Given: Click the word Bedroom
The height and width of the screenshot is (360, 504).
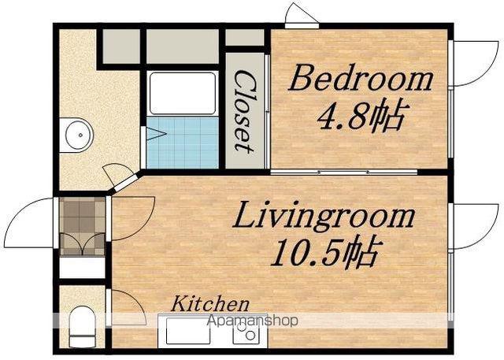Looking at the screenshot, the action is coord(361,77).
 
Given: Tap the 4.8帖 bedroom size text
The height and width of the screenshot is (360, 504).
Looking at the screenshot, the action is coord(360,117).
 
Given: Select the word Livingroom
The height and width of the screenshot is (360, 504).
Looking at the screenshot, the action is coord(324,215).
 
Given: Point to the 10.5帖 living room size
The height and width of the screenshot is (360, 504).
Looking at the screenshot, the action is coord(324,254).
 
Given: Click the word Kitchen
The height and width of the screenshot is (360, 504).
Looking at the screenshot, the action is coord(210,304).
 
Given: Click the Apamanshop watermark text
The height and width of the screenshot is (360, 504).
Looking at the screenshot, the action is coord(253,321).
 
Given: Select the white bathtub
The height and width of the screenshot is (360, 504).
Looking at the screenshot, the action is coord(183,94).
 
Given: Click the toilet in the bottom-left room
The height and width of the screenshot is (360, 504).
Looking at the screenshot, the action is coord(82,326).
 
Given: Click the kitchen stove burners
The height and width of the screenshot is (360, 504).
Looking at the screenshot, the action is coord(246,331).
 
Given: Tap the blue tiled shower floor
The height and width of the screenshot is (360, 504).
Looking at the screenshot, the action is coord(182,143).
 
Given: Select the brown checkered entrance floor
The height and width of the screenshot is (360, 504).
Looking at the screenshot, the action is coord(82,226).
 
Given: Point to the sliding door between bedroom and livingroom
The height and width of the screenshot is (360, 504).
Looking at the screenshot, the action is coord(343,172).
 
